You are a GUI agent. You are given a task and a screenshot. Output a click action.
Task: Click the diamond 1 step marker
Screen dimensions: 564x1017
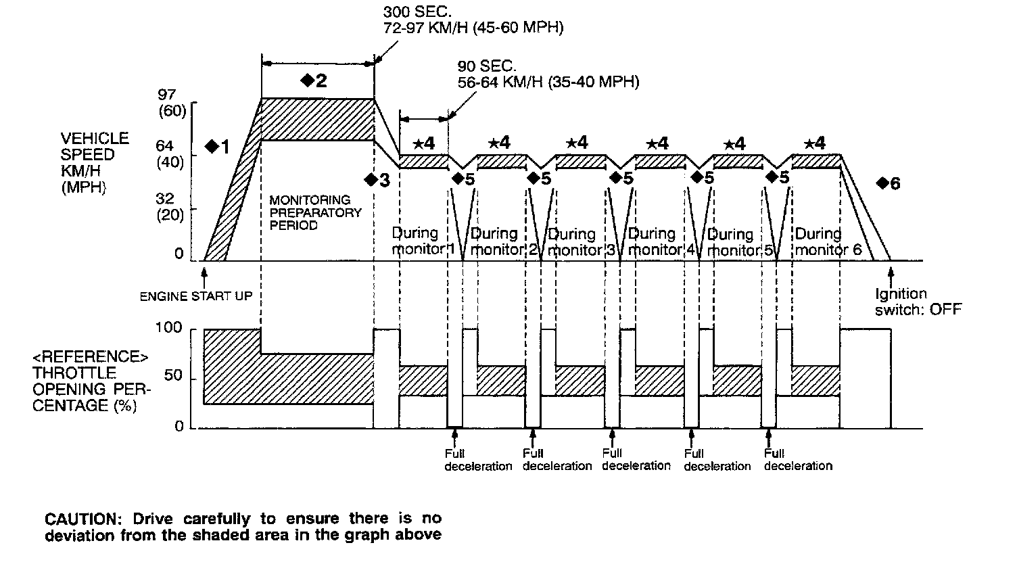(212, 145)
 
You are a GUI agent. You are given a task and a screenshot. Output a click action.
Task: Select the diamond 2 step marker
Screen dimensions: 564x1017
(308, 80)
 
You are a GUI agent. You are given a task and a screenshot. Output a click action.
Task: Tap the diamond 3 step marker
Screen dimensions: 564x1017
(371, 180)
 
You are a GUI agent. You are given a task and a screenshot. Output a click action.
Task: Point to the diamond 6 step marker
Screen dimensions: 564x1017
(882, 183)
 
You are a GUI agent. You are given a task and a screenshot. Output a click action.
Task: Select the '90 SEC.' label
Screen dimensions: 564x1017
(487, 66)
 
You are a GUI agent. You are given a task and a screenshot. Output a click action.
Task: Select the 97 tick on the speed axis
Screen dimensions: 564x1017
(166, 95)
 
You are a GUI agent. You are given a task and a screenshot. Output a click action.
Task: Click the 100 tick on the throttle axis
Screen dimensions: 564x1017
(170, 328)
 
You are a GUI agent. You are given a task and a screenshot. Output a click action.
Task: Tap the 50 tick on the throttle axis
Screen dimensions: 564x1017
(174, 376)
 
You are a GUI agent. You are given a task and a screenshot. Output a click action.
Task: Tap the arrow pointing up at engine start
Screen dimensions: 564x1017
(204, 275)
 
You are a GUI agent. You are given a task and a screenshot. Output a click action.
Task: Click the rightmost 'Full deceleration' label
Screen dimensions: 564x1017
(798, 460)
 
